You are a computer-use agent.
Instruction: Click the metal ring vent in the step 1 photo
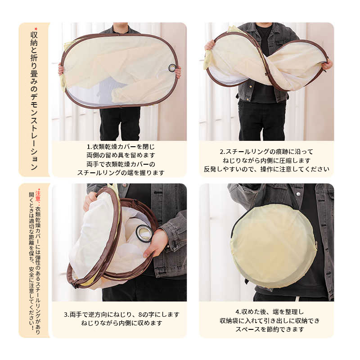[172, 68]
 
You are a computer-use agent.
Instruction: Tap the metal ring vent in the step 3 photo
[144, 233]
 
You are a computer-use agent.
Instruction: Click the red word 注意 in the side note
[38, 196]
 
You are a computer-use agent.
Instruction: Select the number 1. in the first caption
[89, 147]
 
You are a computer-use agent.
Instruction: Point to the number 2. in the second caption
[222, 152]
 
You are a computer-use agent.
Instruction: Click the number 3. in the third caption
[67, 315]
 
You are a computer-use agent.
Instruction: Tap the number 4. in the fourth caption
[238, 312]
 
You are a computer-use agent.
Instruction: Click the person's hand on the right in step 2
[327, 64]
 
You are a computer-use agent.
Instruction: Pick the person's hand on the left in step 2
[209, 45]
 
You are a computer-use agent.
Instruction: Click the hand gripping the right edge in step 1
[178, 72]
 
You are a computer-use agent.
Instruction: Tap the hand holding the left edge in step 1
[61, 70]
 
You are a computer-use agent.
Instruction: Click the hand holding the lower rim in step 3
[155, 244]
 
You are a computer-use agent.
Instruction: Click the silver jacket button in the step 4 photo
[298, 194]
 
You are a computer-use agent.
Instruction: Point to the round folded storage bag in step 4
[274, 245]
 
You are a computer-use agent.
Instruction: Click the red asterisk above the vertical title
[36, 29]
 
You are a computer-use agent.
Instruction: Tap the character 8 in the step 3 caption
[140, 315]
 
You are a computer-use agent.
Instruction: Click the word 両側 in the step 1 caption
[93, 155]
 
